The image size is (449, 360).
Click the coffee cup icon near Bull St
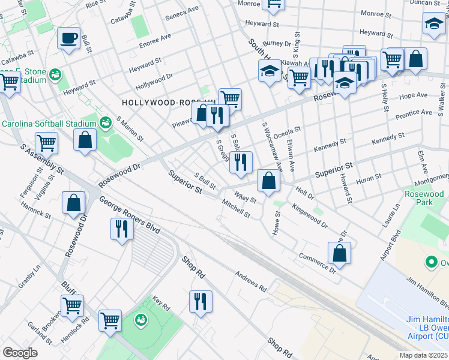point(68,40)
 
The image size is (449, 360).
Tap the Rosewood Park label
point(424,199)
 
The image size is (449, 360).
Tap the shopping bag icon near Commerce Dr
point(340,253)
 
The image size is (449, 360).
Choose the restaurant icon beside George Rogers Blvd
point(121,229)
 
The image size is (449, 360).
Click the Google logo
point(20,352)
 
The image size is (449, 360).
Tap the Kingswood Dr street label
point(310,216)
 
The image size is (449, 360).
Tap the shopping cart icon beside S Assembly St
point(46,143)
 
